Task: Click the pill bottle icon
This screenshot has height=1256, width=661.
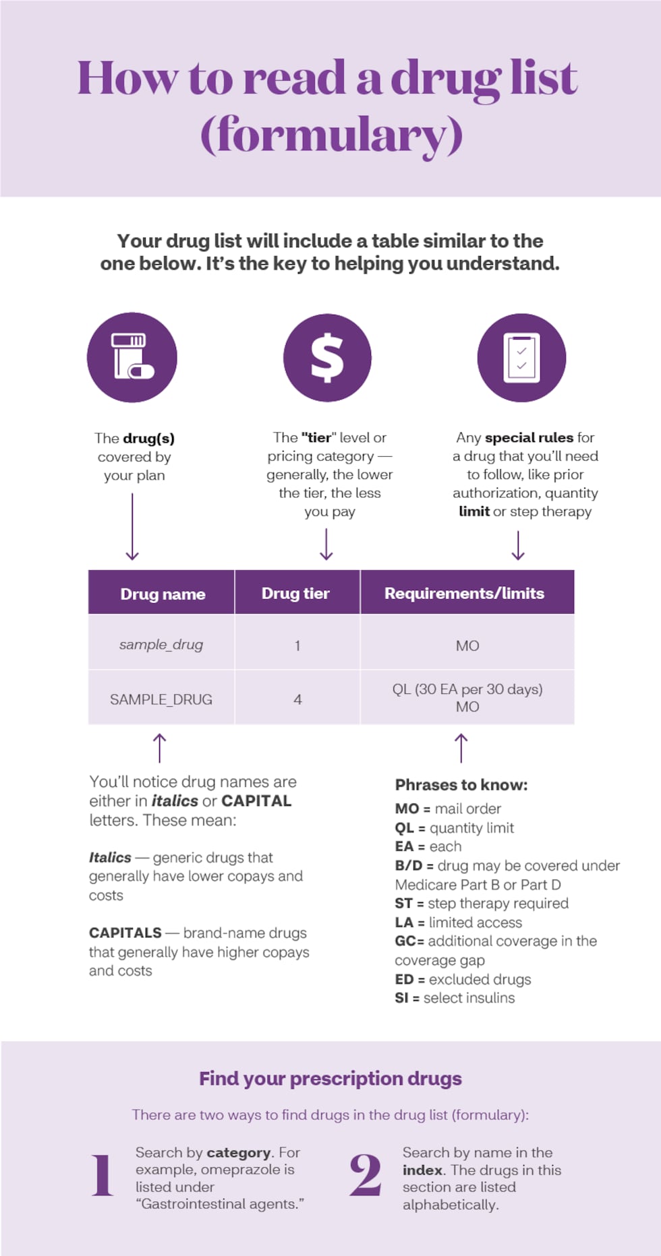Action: tap(132, 357)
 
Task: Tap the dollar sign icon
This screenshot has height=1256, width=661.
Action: tap(327, 357)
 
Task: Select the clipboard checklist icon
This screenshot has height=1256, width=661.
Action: tap(521, 357)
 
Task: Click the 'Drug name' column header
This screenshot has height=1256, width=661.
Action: tap(163, 594)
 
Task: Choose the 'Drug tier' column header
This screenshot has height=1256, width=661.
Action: tap(295, 593)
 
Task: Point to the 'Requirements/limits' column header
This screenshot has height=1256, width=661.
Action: tap(464, 593)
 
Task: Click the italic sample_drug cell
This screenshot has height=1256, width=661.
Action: tap(161, 645)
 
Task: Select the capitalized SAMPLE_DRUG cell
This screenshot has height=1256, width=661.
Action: tap(161, 699)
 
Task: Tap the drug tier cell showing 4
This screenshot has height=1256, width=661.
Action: tap(297, 699)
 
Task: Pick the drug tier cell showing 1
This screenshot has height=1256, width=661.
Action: tap(297, 646)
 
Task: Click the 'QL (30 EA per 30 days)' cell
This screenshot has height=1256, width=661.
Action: tap(467, 689)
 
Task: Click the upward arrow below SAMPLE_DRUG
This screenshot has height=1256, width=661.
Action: tap(159, 748)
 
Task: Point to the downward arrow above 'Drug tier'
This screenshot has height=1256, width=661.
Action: tap(326, 544)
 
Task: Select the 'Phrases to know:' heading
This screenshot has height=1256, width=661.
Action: tap(461, 785)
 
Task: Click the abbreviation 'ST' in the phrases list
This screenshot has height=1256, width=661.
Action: tap(403, 904)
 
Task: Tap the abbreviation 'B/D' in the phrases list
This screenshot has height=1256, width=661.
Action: tap(409, 866)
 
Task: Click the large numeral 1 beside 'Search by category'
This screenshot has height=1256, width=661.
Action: tap(103, 1176)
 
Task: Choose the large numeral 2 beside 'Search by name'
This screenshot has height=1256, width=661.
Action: tap(366, 1176)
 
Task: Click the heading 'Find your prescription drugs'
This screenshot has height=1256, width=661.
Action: tap(330, 1079)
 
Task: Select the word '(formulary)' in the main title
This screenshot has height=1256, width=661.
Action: tap(332, 135)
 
